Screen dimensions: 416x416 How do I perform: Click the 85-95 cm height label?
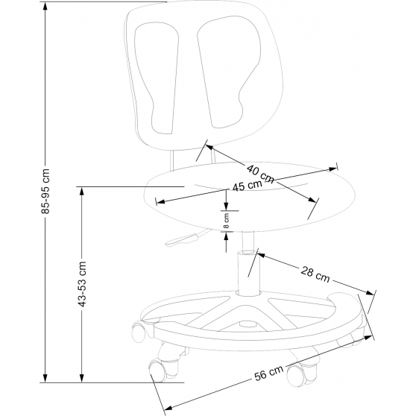45,191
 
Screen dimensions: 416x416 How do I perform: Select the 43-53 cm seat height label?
83,284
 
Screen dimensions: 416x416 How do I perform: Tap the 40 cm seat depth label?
260,174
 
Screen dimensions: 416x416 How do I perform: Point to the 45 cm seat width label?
247,185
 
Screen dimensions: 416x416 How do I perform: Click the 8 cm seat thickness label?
226,221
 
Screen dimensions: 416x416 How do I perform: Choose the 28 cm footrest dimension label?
315,274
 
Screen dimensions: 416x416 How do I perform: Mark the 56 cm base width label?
268,374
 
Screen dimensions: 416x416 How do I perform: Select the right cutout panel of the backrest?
229,72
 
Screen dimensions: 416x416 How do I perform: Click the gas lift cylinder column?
248,274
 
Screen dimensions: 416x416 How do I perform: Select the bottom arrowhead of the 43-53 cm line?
82,377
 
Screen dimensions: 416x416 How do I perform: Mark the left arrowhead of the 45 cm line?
161,202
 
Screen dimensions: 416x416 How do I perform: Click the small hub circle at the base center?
248,324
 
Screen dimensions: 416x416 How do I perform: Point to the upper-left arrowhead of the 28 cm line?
262,255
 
